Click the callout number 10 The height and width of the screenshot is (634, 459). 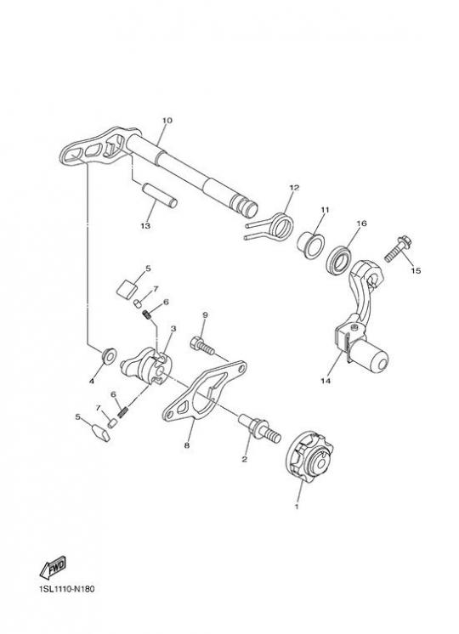pos(167,121)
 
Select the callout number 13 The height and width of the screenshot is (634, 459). pos(145,225)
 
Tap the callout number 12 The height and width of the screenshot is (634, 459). pos(294,188)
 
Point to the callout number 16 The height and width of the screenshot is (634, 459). pos(361,224)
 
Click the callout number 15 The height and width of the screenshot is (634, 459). pos(416,270)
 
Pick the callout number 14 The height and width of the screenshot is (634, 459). pos(326,381)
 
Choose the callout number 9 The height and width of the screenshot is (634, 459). pos(205,314)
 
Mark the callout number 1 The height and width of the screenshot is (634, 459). pos(297,507)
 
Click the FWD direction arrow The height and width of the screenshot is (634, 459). pos(53,567)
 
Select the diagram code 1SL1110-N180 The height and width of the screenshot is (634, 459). pos(67,589)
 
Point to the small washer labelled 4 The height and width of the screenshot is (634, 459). pos(109,355)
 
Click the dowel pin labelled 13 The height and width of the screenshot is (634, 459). pos(159,195)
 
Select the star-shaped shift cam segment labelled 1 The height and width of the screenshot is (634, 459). pos(309,457)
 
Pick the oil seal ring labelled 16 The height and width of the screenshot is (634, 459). pos(339,260)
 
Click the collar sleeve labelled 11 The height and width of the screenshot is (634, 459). pos(310,246)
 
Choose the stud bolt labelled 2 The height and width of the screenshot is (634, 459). pos(259,428)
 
